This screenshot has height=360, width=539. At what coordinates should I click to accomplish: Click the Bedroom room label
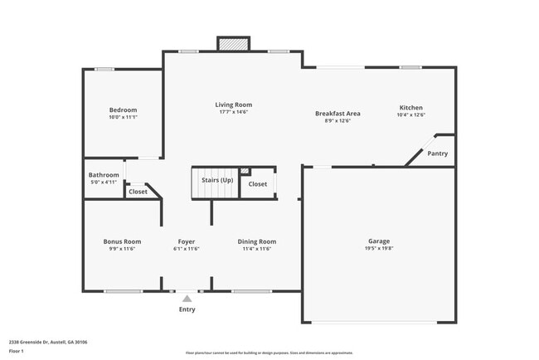(123, 109)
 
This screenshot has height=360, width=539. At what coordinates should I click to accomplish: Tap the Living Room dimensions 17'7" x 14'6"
(233, 112)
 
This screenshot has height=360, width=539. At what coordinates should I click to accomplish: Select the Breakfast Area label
(337, 113)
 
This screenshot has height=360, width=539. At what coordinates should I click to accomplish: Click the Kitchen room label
(411, 108)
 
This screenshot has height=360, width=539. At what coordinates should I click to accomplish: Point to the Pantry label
(437, 153)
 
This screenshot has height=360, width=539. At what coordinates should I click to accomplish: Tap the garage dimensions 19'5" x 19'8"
(378, 249)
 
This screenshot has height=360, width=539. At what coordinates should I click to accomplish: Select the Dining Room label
(256, 241)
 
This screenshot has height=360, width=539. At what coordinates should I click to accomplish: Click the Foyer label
(187, 241)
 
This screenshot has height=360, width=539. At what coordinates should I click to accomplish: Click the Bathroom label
(104, 175)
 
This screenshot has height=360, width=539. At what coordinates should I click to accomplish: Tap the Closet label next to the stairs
(258, 184)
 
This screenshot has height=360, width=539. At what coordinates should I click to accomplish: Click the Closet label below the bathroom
(138, 192)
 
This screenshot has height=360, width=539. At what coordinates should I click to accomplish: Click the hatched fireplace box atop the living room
(233, 44)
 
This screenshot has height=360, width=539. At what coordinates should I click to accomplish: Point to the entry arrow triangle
(187, 299)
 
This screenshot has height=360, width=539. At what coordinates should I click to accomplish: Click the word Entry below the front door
(187, 310)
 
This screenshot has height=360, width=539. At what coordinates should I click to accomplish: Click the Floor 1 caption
(17, 350)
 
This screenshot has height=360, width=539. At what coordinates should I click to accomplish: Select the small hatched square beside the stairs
(245, 172)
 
